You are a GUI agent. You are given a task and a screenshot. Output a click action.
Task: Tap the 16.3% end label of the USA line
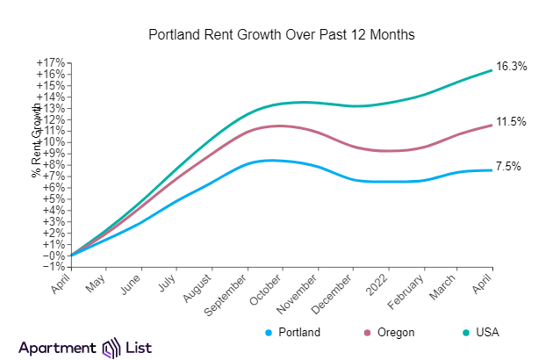511,67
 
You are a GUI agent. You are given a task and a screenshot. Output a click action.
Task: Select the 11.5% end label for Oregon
511,122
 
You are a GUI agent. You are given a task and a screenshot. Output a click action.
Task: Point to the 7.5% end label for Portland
508,166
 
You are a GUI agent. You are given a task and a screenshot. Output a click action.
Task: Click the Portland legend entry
291,333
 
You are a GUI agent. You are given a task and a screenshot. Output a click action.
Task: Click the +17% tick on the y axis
50,62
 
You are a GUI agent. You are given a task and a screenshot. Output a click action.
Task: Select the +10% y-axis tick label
50,142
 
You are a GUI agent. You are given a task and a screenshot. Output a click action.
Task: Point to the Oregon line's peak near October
280,126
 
